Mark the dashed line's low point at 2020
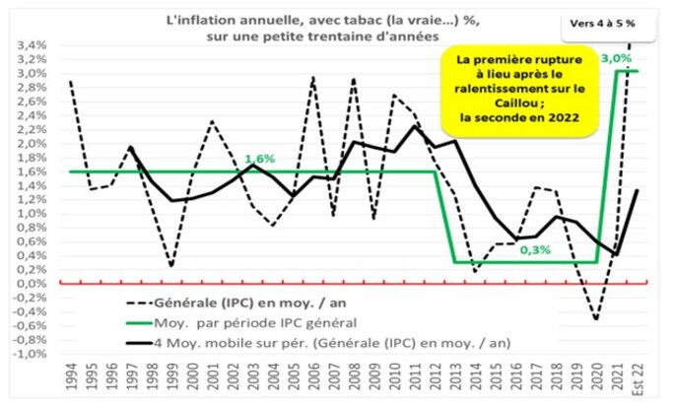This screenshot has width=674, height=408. [595, 319]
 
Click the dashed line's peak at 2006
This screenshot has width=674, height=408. [312, 77]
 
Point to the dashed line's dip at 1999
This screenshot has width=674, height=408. [171, 266]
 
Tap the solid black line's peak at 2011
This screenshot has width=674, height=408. [414, 126]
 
